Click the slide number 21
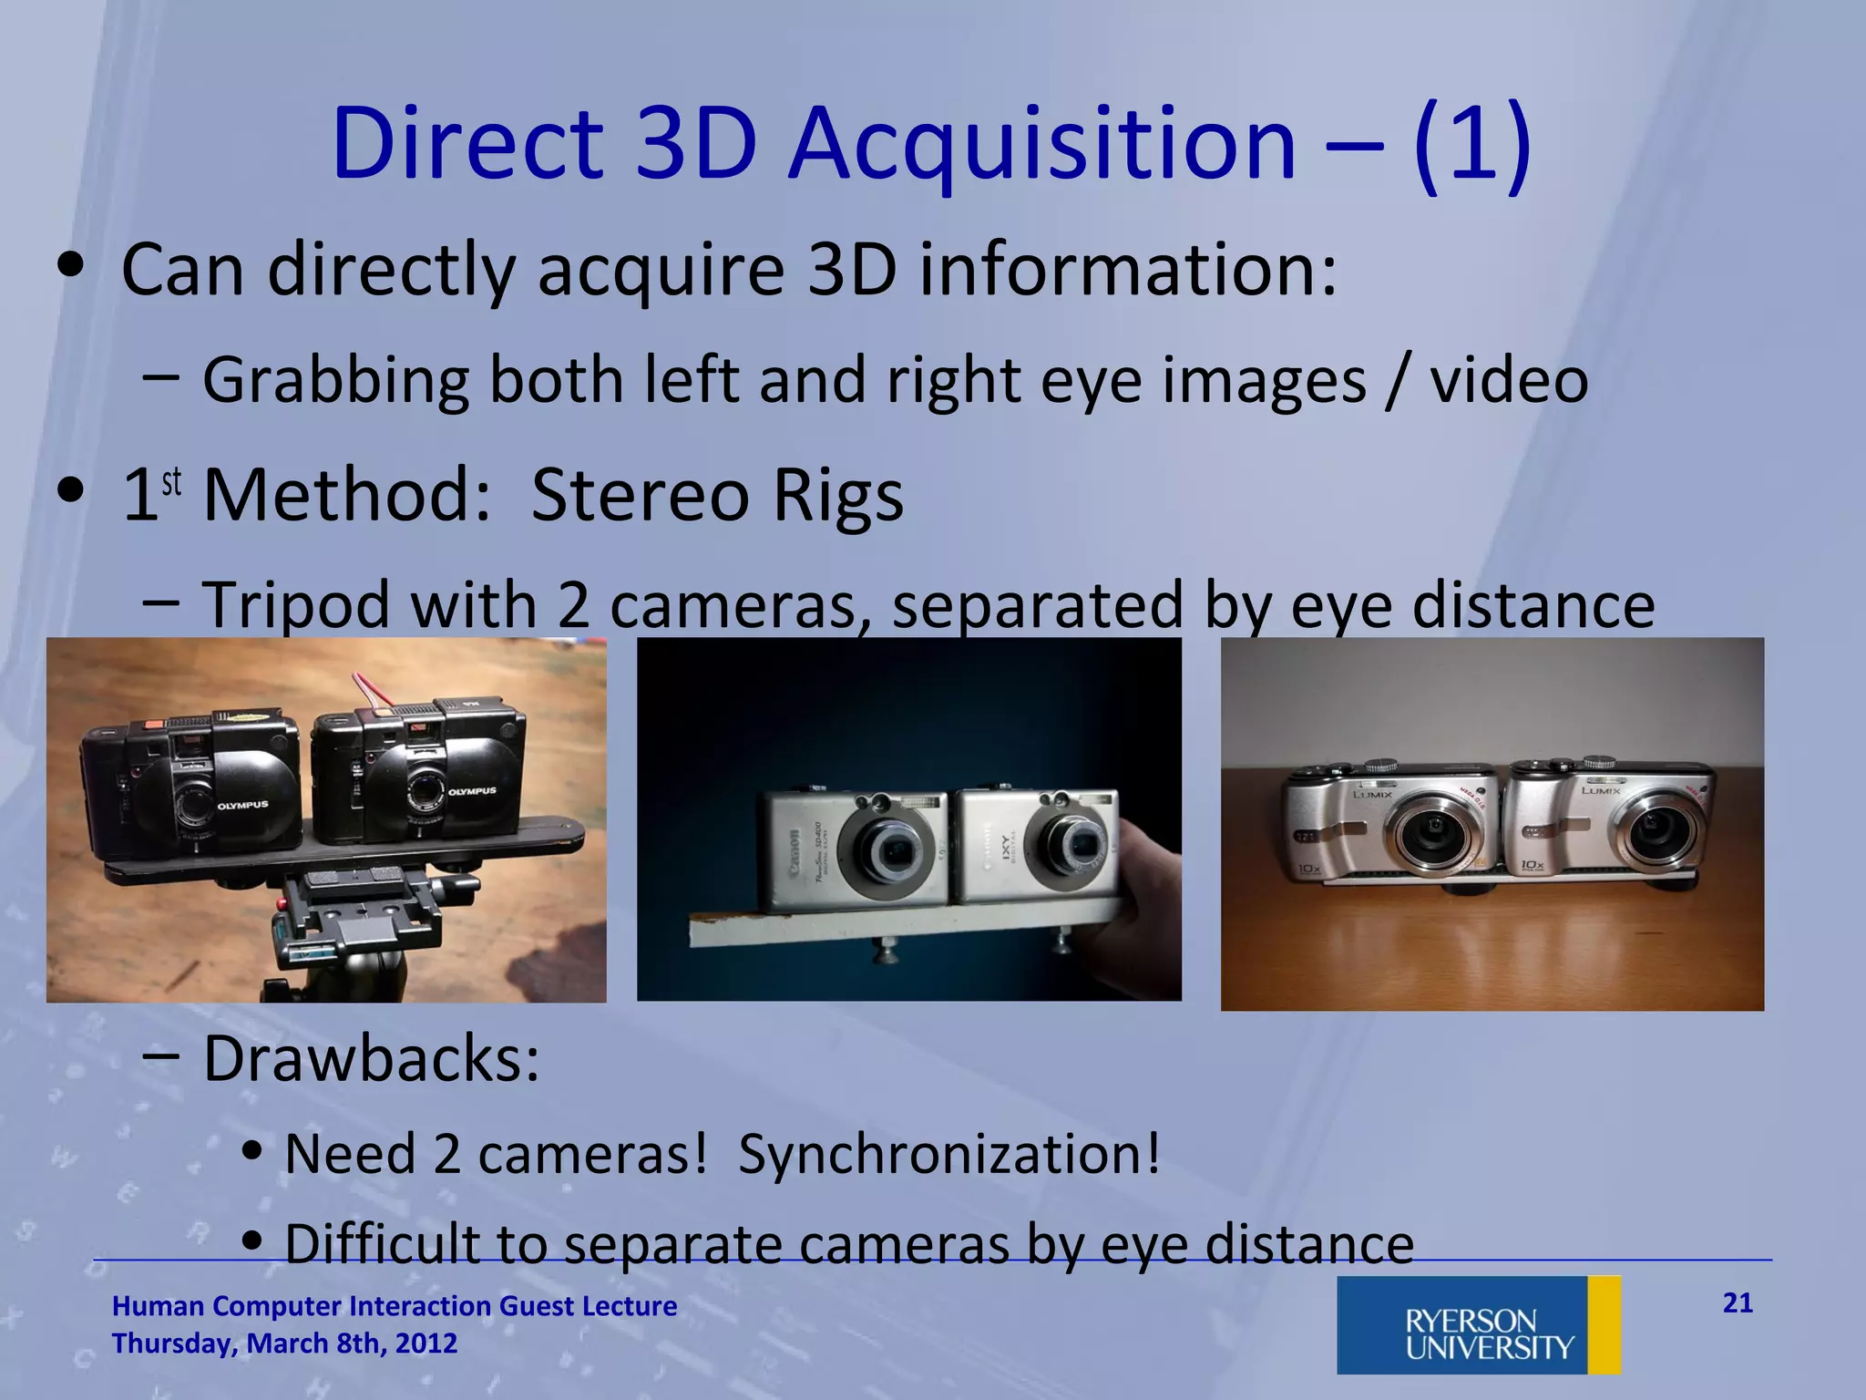[1738, 1302]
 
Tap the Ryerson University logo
[1478, 1324]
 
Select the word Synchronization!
[948, 1154]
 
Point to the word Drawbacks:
[371, 1059]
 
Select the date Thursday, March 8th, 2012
[284, 1343]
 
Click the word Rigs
[837, 496]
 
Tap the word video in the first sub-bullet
[1509, 380]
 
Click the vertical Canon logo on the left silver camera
[794, 853]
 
